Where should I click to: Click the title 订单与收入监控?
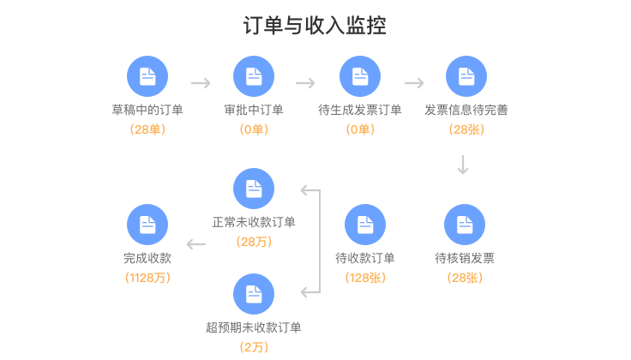coord(315,27)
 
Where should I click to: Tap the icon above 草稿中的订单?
coord(147,75)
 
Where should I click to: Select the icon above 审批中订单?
coord(254,75)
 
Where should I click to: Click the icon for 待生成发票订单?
coord(360,75)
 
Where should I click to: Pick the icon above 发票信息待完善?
coord(466,75)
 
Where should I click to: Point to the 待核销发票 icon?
coord(465,225)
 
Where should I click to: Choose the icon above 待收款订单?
coord(365,225)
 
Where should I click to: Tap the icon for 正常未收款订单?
coord(254,189)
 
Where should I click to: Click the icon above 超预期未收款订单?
coord(254,293)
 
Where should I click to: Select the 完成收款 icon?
coord(147,225)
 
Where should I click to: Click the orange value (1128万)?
coord(147,278)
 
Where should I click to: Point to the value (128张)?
coord(365,278)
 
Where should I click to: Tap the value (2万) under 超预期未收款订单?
coord(254,346)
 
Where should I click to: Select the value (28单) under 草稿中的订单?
coord(147,129)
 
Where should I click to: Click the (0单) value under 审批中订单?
coord(254,129)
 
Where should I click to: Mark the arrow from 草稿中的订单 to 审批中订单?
coord(201,83)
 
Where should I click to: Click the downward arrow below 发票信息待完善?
coord(463,165)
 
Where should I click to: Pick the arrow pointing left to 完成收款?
coord(196,245)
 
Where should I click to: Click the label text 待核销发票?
coord(465,258)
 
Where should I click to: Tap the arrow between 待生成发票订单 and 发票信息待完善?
coord(414,83)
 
